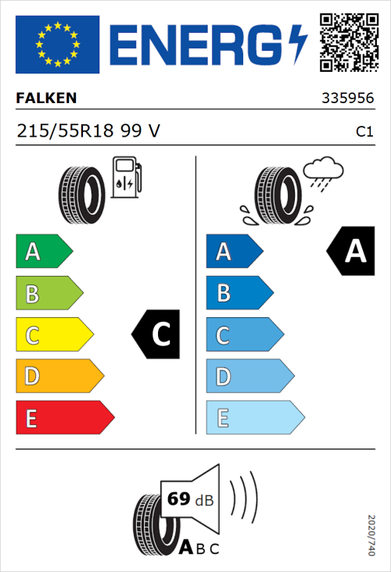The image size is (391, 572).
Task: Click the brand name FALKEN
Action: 46,99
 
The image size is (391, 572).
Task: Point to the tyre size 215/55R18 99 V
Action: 88,131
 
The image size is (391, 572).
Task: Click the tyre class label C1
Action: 364,132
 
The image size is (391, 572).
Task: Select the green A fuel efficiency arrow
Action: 43,252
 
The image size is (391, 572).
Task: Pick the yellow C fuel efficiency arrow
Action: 53,335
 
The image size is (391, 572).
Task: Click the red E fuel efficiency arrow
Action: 63,418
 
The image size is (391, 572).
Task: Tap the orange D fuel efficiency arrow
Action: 59,377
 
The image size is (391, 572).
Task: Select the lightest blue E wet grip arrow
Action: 253,418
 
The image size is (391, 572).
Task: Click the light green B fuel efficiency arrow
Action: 48,294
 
